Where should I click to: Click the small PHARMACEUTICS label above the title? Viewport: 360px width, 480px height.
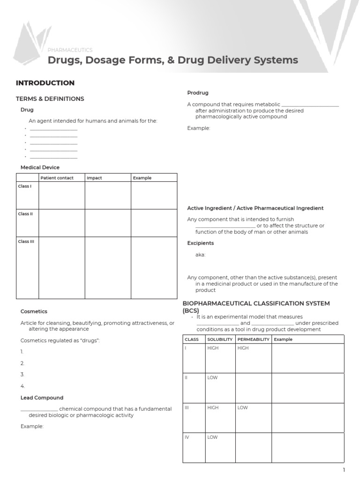tap(70, 50)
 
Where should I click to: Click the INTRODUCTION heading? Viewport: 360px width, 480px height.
tap(45, 83)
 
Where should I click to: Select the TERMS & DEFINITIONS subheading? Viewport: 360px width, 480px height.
tap(50, 99)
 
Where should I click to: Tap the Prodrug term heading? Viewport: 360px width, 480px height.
tap(198, 93)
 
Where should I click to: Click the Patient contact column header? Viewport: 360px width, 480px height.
tap(57, 178)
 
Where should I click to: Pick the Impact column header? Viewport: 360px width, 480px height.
tap(94, 178)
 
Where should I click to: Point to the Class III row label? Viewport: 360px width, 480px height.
tap(26, 241)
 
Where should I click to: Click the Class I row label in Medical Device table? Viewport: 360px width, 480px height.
tap(25, 186)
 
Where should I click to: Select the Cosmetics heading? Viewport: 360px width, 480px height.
tap(34, 311)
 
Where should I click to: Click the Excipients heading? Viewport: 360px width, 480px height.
tap(200, 243)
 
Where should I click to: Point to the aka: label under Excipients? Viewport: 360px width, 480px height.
tap(200, 255)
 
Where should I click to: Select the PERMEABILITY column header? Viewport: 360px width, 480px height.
tap(253, 339)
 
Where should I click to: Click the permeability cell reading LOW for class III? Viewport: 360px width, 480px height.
tap(242, 408)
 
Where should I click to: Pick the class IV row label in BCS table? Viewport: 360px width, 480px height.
tap(187, 437)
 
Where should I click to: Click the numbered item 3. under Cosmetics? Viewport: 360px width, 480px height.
tap(22, 375)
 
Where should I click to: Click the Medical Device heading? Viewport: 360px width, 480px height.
tap(40, 167)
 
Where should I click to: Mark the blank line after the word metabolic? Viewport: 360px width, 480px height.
tap(310, 105)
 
